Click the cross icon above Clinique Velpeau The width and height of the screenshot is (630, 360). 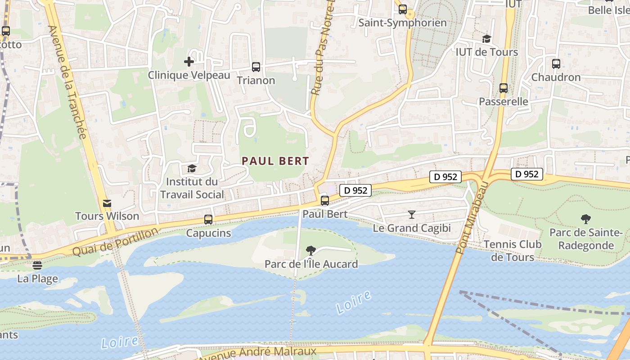[x=189, y=61]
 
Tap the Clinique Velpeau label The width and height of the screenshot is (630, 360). [x=189, y=75]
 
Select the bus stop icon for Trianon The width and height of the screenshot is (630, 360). [x=256, y=67]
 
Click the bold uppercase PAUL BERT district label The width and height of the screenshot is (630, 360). [x=275, y=161]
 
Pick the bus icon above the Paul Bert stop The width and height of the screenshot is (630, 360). [x=325, y=201]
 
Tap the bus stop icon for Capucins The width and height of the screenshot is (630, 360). [x=208, y=220]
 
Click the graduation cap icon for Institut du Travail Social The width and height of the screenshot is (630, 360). [x=192, y=169]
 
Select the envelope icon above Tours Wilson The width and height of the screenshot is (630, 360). [x=107, y=203]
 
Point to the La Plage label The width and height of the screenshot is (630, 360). [x=38, y=279]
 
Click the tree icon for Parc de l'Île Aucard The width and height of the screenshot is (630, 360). [x=310, y=251]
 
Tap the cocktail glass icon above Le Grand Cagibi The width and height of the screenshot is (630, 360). [x=411, y=214]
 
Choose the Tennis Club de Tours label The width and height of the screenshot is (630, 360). [x=512, y=251]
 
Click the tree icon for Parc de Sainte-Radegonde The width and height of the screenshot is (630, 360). [x=585, y=219]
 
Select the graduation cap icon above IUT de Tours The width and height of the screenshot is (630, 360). [x=486, y=39]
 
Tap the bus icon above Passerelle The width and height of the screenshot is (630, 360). [x=504, y=88]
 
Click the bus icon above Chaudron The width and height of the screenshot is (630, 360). [x=556, y=64]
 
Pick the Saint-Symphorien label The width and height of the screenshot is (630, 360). [x=402, y=23]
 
